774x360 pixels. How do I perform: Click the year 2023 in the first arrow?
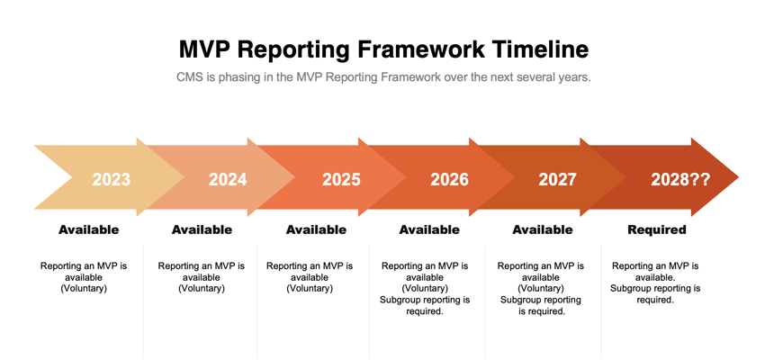pos(112,179)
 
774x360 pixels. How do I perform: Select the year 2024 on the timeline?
pos(228,179)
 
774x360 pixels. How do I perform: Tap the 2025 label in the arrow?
pos(342,179)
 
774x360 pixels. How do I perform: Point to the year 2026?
pos(449,179)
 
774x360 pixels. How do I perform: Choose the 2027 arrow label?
pos(557,179)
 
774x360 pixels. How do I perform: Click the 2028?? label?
pos(680,179)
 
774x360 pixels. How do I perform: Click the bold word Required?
pos(656,229)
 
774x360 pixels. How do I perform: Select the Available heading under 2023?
pos(89,229)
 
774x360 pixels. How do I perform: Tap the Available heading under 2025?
pos(317,229)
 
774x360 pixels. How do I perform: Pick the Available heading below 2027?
pos(543,229)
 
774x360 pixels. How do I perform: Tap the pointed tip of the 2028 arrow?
pos(739,177)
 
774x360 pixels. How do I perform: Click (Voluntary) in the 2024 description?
pos(202,288)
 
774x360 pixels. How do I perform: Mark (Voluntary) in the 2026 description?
pos(425,288)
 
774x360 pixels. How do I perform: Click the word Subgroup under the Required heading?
pos(628,288)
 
